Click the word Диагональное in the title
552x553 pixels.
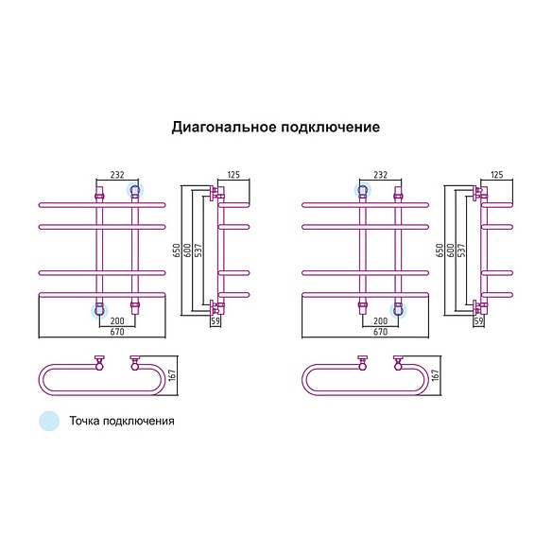[224, 127]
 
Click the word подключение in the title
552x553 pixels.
[331, 128]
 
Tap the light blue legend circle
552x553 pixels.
[49, 421]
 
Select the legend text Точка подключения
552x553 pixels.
[122, 421]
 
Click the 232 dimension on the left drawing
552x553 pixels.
[117, 175]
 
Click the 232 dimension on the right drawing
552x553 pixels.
[380, 175]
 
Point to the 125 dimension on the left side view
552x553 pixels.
[233, 175]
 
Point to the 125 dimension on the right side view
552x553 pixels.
[497, 175]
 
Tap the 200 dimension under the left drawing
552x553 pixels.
[117, 321]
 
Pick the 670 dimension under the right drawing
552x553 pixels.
[380, 332]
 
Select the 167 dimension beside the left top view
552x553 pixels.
[172, 375]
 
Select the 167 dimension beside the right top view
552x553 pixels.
[436, 375]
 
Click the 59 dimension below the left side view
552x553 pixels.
[216, 321]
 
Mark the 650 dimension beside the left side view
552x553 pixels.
[177, 251]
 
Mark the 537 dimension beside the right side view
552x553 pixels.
[461, 251]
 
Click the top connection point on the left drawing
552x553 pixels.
[135, 191]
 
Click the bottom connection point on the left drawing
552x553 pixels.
[99, 310]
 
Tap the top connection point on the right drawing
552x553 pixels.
[363, 191]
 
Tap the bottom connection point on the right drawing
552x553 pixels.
[398, 310]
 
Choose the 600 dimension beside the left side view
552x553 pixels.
[188, 251]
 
